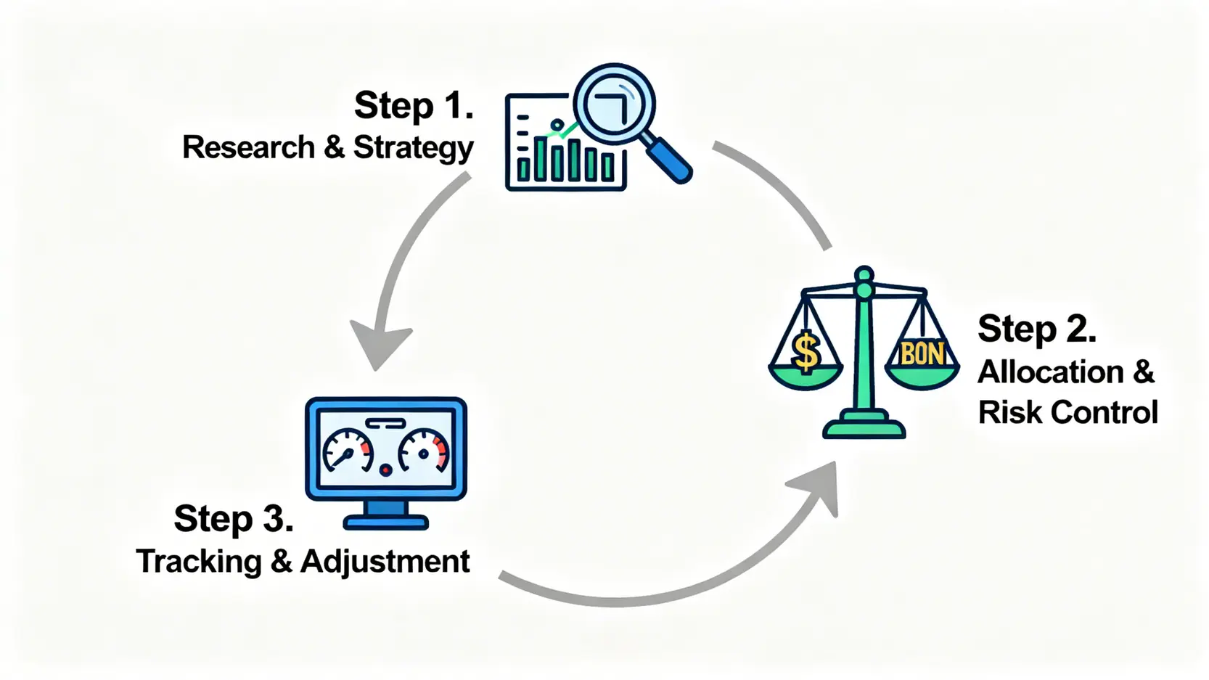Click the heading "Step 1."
point(414,105)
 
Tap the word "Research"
point(248,147)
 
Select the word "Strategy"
point(414,149)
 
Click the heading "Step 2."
point(1037,329)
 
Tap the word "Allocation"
point(1050,372)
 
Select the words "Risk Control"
point(1067,412)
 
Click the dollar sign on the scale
point(807,351)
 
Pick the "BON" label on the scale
point(923,354)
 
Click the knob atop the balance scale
point(864,275)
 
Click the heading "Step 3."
point(233,519)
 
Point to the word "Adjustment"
point(385,562)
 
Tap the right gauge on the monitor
point(423,451)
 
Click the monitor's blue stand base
point(385,522)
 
